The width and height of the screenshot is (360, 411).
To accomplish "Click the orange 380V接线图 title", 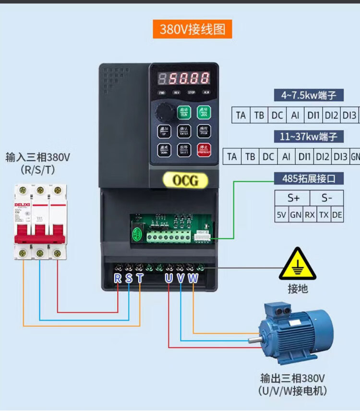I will click(x=192, y=29).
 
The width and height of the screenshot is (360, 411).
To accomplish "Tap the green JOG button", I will click(x=204, y=113).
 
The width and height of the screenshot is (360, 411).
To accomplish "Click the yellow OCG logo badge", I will click(x=185, y=180).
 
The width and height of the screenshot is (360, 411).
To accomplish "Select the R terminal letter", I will click(x=118, y=278).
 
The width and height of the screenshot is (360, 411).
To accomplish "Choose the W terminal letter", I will click(x=192, y=278).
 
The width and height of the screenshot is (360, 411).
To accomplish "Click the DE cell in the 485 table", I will click(x=337, y=215).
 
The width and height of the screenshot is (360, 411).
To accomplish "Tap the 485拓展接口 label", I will click(x=309, y=178).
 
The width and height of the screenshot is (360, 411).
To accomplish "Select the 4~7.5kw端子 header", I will click(x=309, y=95).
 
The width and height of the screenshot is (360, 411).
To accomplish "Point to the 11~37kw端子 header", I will click(x=309, y=137).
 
